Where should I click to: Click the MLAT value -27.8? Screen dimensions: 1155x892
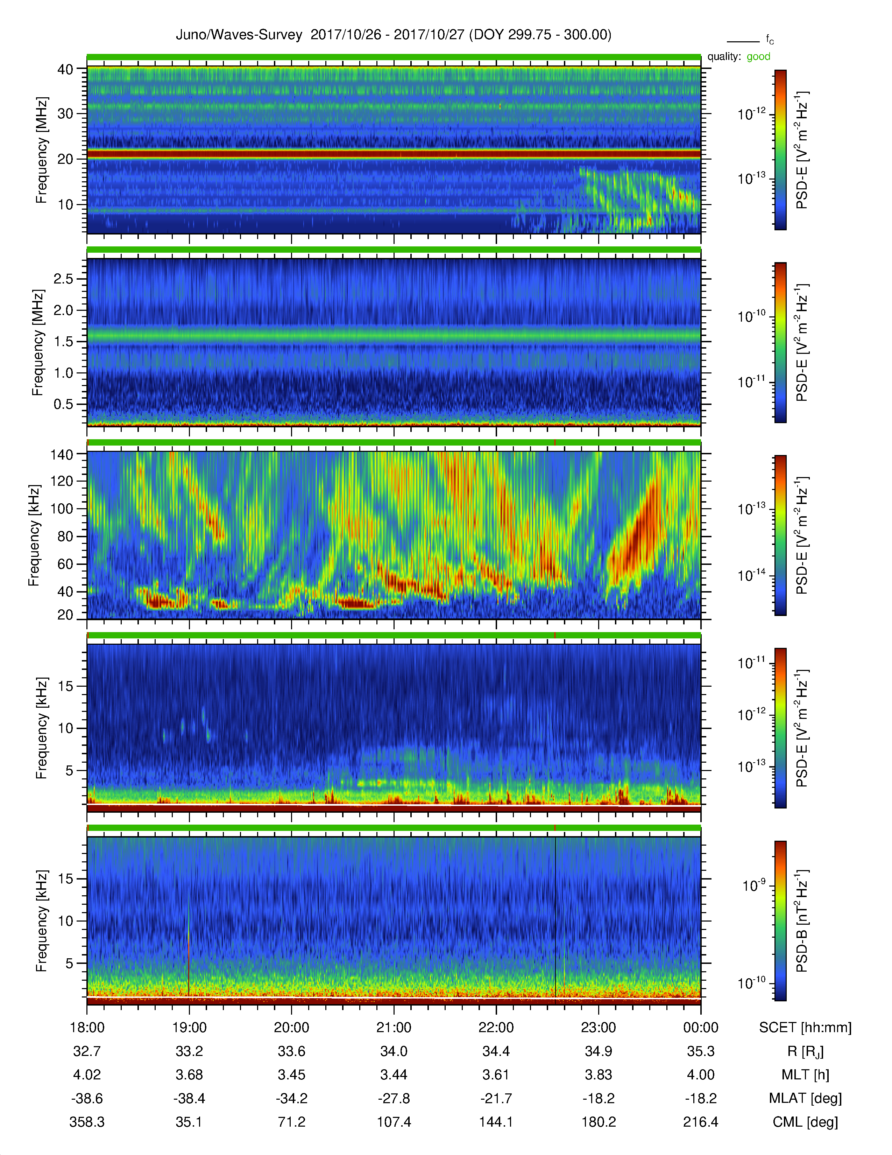(x=394, y=1098)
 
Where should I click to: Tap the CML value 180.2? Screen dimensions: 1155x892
(x=598, y=1122)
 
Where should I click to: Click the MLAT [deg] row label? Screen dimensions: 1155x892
(x=805, y=1098)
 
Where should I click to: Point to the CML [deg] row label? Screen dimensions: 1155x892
(x=805, y=1122)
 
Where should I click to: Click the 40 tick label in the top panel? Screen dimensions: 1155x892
(x=65, y=69)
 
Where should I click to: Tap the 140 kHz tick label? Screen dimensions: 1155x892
(x=61, y=454)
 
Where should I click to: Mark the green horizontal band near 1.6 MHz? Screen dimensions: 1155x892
(x=394, y=335)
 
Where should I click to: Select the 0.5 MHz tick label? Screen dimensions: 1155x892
(x=63, y=404)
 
